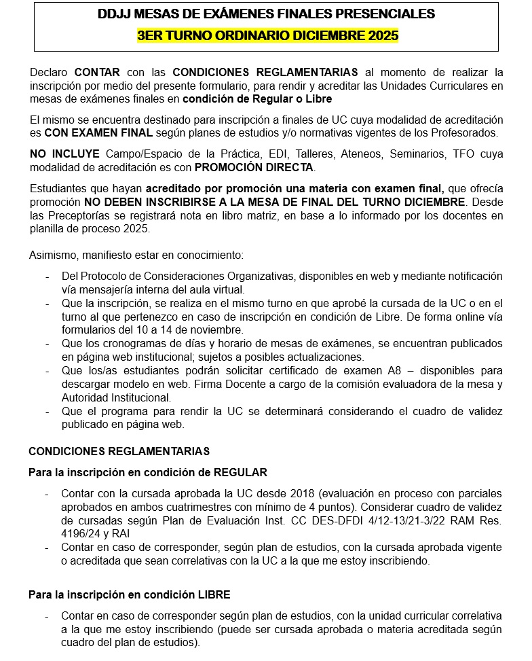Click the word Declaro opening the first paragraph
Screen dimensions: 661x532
tap(50, 72)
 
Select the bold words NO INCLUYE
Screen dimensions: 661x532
tap(64, 154)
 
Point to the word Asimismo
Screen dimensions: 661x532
tap(52, 255)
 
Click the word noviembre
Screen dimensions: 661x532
tap(208, 329)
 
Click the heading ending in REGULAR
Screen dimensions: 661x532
tap(148, 472)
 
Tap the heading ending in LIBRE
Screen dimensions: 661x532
tap(129, 594)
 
